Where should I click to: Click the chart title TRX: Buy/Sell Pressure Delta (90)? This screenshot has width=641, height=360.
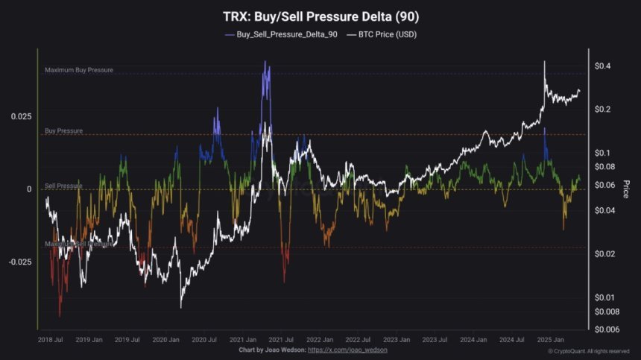point(320,16)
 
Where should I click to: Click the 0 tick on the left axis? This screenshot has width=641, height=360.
point(31,189)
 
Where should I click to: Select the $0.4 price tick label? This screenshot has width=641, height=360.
point(603,66)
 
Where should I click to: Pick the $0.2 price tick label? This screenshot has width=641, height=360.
point(603,110)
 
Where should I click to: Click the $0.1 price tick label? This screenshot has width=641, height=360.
point(603,153)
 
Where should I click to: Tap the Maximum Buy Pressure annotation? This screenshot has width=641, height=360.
point(79,70)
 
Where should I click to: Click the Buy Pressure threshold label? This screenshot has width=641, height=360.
point(63,130)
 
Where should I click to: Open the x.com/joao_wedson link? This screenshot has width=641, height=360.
point(347,350)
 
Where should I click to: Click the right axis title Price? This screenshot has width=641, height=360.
point(626,189)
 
